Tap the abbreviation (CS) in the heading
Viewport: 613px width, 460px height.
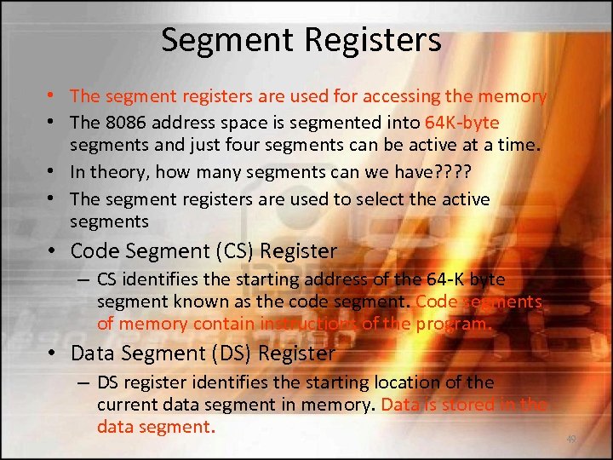(226, 251)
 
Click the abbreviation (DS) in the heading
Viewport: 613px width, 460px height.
(226, 353)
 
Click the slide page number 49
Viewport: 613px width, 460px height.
(570, 440)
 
